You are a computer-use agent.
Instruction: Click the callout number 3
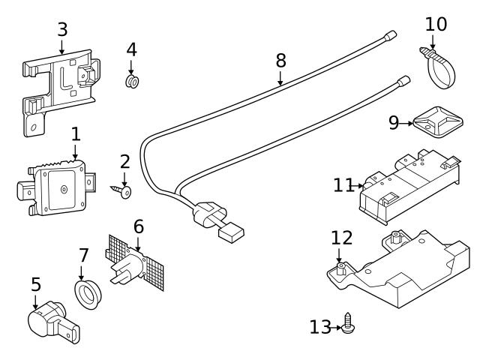(x=62, y=29)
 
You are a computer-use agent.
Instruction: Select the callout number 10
(x=436, y=23)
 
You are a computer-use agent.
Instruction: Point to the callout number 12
(x=341, y=238)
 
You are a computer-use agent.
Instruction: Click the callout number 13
(x=319, y=327)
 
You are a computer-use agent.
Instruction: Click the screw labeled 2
(x=124, y=192)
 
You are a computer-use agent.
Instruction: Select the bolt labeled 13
(x=348, y=324)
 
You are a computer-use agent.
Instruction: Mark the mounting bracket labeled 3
(x=60, y=86)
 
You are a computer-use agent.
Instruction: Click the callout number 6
(x=138, y=225)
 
